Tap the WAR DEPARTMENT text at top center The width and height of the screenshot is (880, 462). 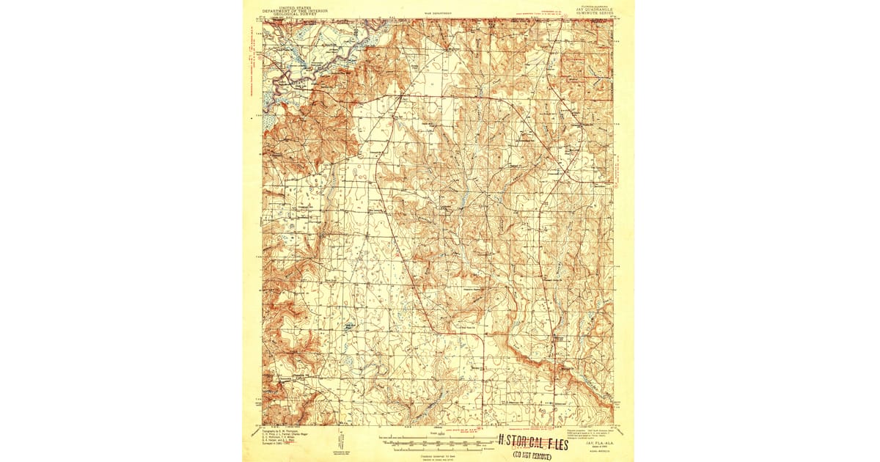pyautogui.click(x=439, y=13)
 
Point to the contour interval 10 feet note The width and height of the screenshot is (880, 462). pyautogui.click(x=438, y=454)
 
